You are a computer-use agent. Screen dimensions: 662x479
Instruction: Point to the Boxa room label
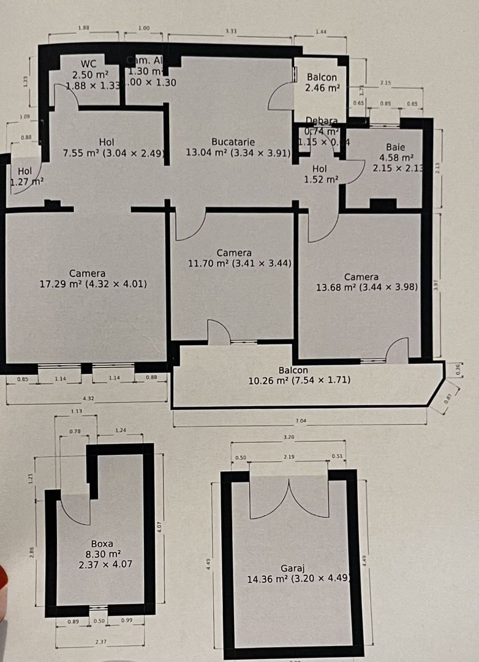point(102,543)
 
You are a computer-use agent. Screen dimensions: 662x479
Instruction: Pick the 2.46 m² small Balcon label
point(322,88)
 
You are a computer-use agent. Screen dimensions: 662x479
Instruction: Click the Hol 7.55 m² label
point(105,153)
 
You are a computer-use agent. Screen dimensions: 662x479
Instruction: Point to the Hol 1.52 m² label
point(320,180)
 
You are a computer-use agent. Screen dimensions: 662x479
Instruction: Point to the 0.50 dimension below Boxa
point(99,622)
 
